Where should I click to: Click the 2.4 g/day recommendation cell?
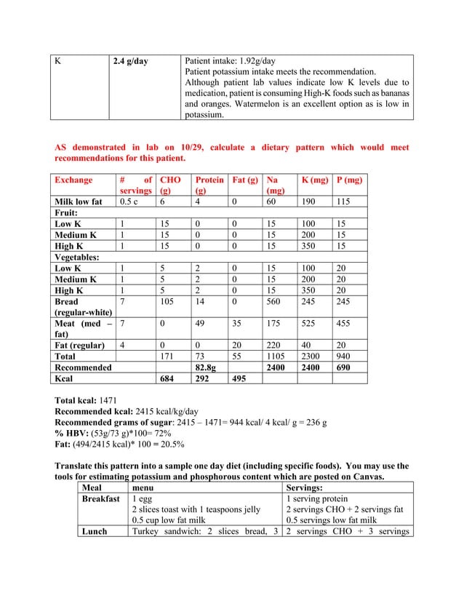click(x=130, y=61)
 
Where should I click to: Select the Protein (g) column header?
click(x=204, y=185)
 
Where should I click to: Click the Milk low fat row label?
click(x=81, y=202)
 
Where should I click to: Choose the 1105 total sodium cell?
click(x=276, y=357)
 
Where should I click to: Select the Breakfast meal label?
click(x=100, y=499)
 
